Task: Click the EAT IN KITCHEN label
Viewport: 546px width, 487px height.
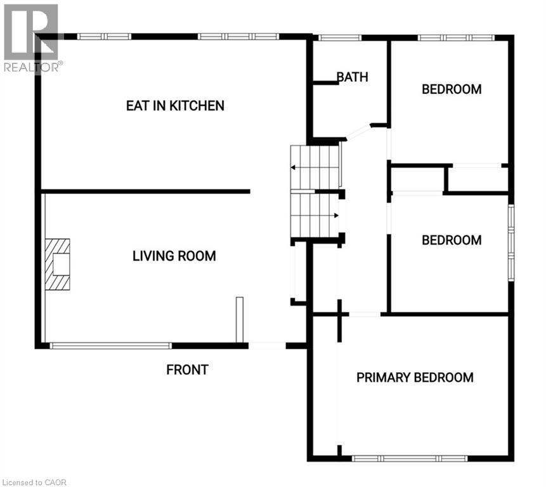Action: pyautogui.click(x=175, y=105)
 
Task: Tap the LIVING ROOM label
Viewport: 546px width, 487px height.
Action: pyautogui.click(x=174, y=256)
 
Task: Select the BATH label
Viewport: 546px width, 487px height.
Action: pyautogui.click(x=352, y=77)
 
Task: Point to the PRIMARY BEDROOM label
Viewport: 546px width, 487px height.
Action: pyautogui.click(x=415, y=378)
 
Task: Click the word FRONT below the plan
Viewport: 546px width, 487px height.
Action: pyautogui.click(x=187, y=370)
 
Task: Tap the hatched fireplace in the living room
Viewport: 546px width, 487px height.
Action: pyautogui.click(x=57, y=264)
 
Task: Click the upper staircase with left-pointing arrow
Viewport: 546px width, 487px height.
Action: pyautogui.click(x=315, y=167)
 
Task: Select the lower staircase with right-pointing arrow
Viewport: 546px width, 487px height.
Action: pyautogui.click(x=315, y=215)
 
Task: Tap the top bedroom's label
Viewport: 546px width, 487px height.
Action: pyautogui.click(x=452, y=89)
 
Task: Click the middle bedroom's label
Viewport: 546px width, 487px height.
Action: pyautogui.click(x=452, y=240)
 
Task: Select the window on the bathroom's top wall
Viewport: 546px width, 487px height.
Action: pyautogui.click(x=339, y=37)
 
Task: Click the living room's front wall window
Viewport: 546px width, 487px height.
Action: pyautogui.click(x=110, y=346)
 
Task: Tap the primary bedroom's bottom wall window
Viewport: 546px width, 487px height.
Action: pyautogui.click(x=410, y=458)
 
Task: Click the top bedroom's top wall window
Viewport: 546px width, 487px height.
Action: pyautogui.click(x=455, y=37)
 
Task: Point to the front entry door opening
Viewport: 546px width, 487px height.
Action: pyautogui.click(x=266, y=346)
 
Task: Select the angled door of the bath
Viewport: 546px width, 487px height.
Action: pyautogui.click(x=358, y=132)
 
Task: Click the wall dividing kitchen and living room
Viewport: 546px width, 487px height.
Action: pyautogui.click(x=146, y=191)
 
